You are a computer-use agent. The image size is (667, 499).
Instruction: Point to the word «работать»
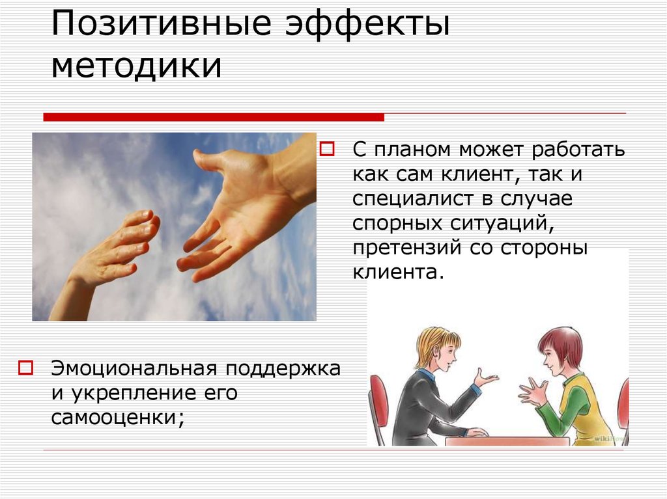click(579, 150)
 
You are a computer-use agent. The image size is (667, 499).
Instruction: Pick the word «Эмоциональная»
click(134, 369)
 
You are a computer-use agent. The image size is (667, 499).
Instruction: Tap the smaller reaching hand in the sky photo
click(117, 247)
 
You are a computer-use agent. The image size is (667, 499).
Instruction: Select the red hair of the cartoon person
click(561, 343)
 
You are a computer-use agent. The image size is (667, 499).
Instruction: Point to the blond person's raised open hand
click(485, 378)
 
